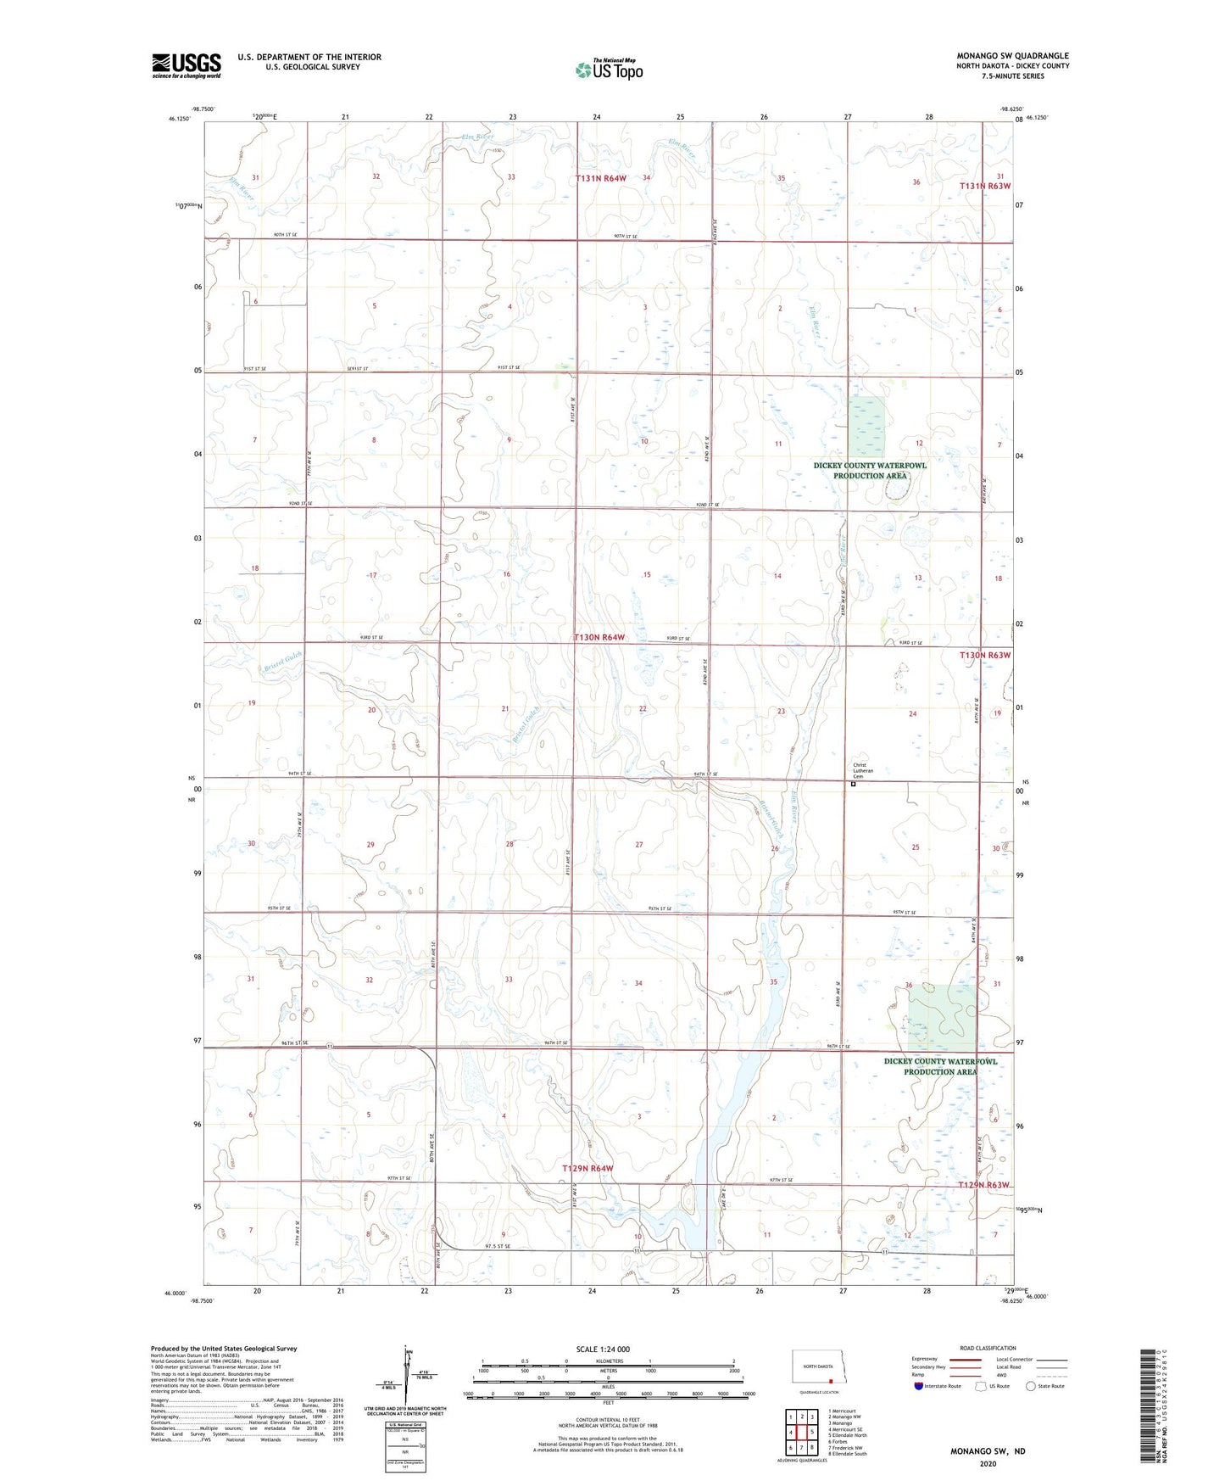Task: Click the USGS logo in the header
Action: pos(187,65)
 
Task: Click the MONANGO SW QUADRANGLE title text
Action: pos(1012,56)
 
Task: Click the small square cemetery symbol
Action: pos(853,785)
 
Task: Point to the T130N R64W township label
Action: pos(599,637)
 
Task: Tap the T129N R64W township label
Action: pos(587,1169)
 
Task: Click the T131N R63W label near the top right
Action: pos(985,186)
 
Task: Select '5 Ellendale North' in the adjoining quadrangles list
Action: pos(849,1435)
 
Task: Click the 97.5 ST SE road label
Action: pos(498,1246)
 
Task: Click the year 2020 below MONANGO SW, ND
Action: pos(988,1463)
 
